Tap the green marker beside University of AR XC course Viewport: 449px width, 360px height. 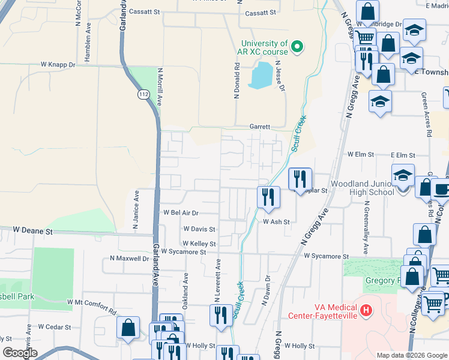(297, 46)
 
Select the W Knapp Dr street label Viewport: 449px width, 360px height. (58, 64)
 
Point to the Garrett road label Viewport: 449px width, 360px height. (261, 127)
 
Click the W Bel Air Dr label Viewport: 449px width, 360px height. (181, 213)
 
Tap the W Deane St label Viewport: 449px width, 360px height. (34, 230)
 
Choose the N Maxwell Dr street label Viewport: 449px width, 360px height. (129, 259)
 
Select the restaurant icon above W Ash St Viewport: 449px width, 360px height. (268, 196)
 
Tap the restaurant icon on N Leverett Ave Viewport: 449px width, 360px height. (220, 314)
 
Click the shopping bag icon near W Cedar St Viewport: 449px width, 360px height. (128, 328)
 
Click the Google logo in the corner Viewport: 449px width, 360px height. (20, 352)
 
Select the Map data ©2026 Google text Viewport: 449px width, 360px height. (411, 355)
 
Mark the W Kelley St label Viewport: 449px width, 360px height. (199, 243)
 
